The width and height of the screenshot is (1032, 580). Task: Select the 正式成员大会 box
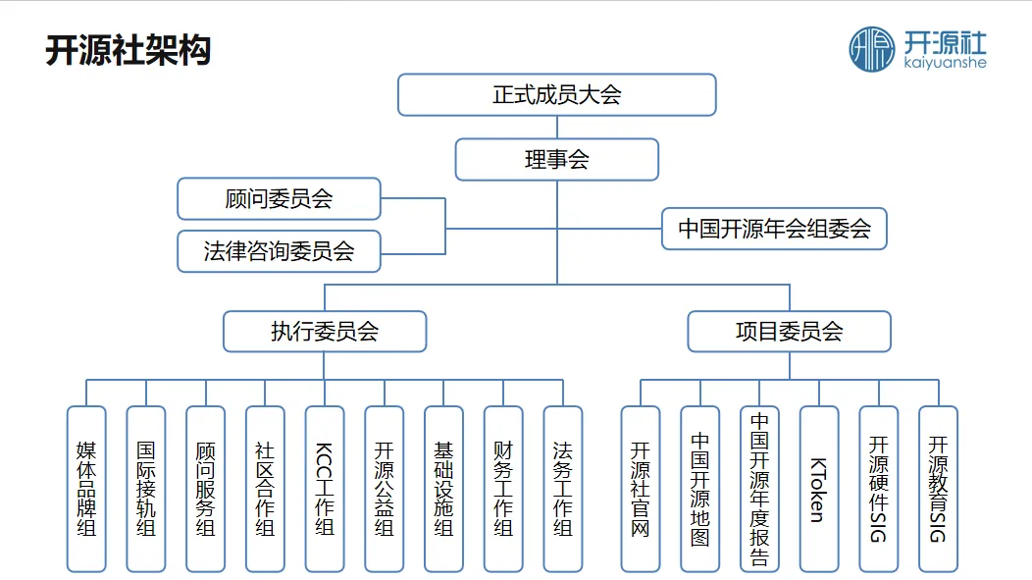556,95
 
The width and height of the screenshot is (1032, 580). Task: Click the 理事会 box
556,160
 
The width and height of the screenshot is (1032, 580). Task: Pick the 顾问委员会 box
279,199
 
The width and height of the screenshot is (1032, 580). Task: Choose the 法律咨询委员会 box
279,251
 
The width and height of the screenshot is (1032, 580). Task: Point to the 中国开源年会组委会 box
774,229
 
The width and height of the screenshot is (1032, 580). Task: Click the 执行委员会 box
325,332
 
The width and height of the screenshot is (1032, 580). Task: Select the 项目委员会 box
789,332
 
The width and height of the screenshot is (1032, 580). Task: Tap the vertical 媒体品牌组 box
86,489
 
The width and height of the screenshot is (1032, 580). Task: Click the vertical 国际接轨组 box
146,489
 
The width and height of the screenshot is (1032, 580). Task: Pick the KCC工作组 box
325,489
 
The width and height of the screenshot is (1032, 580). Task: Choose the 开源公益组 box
384,489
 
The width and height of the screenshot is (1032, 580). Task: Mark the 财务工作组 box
503,489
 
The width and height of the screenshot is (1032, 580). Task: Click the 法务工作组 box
563,489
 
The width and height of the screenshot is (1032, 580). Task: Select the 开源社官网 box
641,489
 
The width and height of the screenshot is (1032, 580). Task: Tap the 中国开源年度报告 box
759,489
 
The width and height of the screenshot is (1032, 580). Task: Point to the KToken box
819,489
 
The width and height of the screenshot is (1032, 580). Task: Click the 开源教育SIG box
938,489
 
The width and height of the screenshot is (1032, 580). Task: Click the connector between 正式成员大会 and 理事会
557,128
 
